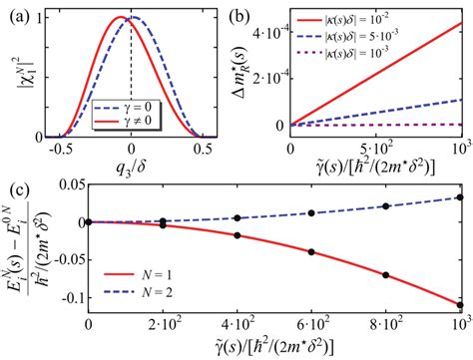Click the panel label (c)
pyautogui.click(x=15, y=185)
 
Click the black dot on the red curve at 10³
pyautogui.click(x=460, y=305)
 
